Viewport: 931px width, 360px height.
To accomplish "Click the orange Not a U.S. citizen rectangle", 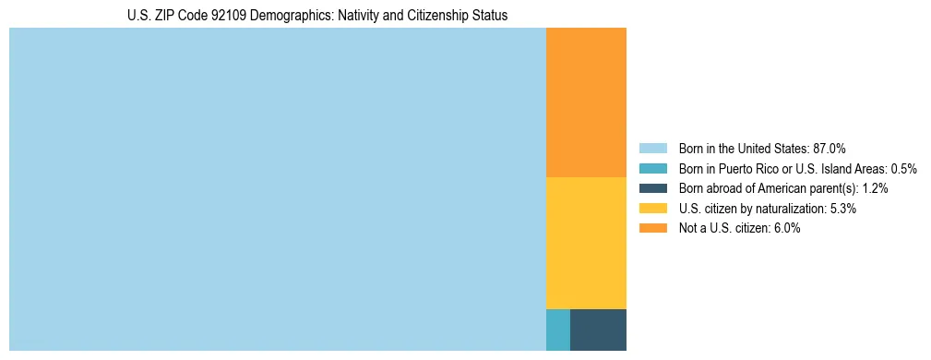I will tap(586, 102).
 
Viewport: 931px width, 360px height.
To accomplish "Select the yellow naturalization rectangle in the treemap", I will tap(586, 242).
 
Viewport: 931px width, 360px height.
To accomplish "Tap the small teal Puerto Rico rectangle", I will tap(558, 330).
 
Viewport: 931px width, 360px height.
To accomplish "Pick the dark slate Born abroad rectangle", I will tap(598, 330).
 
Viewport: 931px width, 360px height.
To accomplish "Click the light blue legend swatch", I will tap(652, 148).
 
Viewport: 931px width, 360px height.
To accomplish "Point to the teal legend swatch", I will tap(652, 168).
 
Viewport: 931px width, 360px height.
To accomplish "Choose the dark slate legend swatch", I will tap(652, 188).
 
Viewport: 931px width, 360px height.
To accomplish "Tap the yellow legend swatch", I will tap(652, 209).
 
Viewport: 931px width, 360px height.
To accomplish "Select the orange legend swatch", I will tap(652, 228).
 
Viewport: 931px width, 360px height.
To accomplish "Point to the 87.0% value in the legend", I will tap(830, 148).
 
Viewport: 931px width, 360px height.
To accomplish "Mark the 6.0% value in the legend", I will tap(787, 228).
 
